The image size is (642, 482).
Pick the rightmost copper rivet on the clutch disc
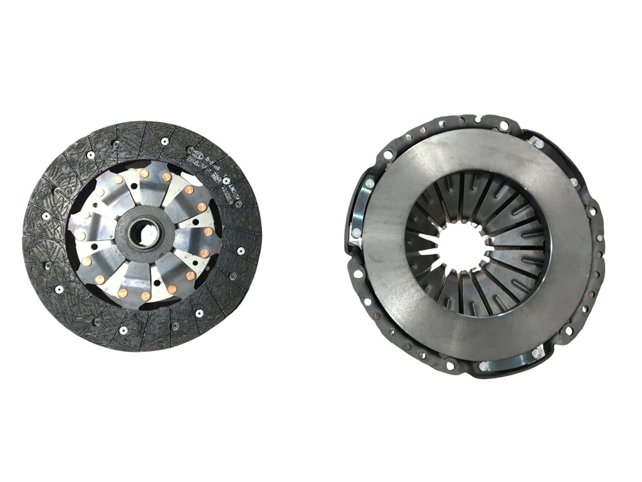[x=208, y=232]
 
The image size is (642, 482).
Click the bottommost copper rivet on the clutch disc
[x=145, y=296]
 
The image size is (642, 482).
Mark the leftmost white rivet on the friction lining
[x=46, y=216]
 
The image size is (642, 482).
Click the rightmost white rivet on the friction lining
[x=241, y=252]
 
